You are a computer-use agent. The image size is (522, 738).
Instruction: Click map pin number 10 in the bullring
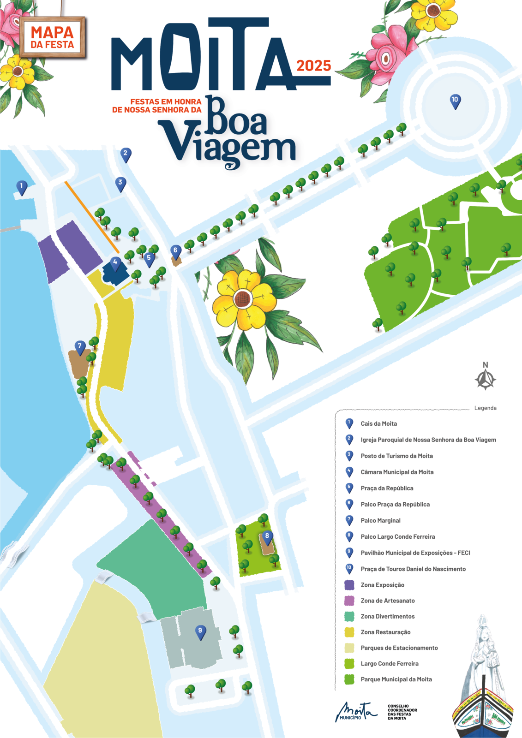[455, 101]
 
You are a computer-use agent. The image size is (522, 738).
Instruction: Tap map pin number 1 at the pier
[22, 187]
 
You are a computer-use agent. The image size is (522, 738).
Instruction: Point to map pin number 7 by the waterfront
[80, 347]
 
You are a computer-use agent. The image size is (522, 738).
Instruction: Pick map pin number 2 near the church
[126, 155]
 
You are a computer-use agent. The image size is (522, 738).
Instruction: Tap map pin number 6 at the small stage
[175, 252]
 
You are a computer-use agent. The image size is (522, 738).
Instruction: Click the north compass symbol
[485, 379]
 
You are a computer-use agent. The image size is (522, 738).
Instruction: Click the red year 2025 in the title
[314, 66]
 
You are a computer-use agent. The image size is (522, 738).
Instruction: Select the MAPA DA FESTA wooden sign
[53, 38]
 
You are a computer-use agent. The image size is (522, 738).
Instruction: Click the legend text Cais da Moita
[378, 423]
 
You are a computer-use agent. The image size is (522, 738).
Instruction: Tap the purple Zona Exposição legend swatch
[349, 585]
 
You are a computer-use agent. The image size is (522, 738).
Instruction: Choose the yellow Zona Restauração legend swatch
[349, 632]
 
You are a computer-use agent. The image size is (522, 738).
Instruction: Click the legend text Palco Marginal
[380, 520]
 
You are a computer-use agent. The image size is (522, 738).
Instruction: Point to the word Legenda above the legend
[485, 408]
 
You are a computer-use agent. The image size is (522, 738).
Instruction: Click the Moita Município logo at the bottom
[355, 712]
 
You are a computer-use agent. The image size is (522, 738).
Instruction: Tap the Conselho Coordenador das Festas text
[402, 712]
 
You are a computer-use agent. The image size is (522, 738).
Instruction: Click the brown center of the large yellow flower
[242, 298]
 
